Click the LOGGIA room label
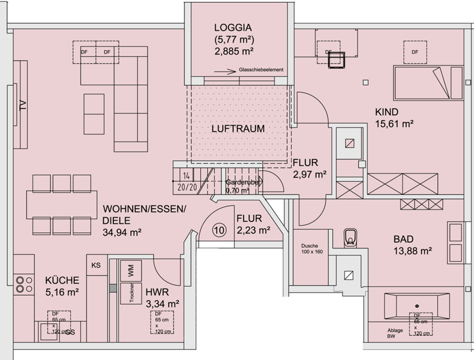coord(232,28)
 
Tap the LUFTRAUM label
coord(238,128)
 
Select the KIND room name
coord(387,112)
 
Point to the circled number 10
coord(218,230)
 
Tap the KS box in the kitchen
coord(96,265)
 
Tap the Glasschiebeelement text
coord(261,70)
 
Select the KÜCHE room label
coord(62,280)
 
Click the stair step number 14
coord(187,176)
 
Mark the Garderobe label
coord(242,182)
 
